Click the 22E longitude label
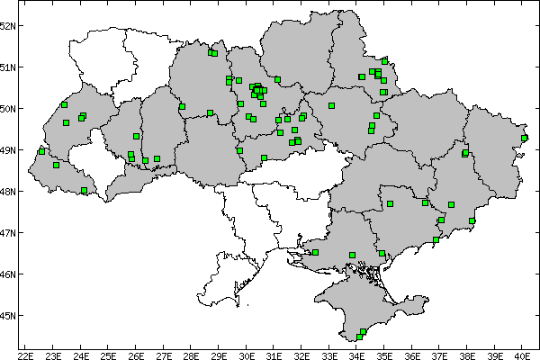pos(26,353)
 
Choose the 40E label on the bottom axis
pos(523,353)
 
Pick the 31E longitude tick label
pos(274,353)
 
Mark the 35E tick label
pos(385,353)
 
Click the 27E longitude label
pos(164,353)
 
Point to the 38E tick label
pos(468,353)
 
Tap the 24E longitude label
pos(81,353)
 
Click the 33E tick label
pos(329,353)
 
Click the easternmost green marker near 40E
pos(525,138)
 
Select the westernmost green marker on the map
pos(41,151)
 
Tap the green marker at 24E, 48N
pos(84,191)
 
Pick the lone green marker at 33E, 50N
pos(332,105)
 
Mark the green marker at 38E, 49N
pos(465,153)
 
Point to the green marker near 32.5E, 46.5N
pos(315,253)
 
